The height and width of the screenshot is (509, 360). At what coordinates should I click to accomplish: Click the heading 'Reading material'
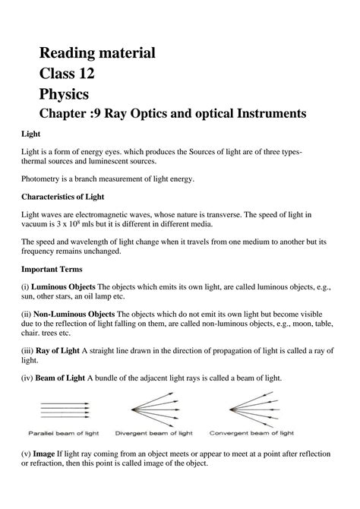coord(97,53)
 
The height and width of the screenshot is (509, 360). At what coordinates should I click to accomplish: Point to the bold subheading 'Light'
coord(30,134)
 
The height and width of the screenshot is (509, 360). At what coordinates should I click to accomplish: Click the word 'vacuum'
coord(37,226)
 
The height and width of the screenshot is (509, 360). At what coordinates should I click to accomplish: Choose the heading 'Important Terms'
coord(54,270)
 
